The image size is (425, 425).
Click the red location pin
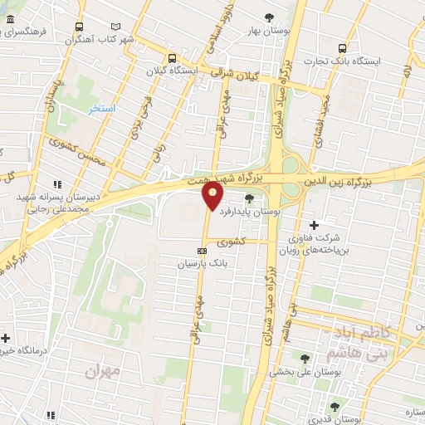(212, 196)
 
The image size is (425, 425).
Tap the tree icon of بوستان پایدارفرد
(249, 197)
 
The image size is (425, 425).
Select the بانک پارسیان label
(202, 263)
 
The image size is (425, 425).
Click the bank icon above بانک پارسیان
(201, 250)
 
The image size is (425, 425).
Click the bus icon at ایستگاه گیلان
(172, 58)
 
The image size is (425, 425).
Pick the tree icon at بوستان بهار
(268, 17)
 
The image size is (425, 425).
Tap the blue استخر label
(101, 109)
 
